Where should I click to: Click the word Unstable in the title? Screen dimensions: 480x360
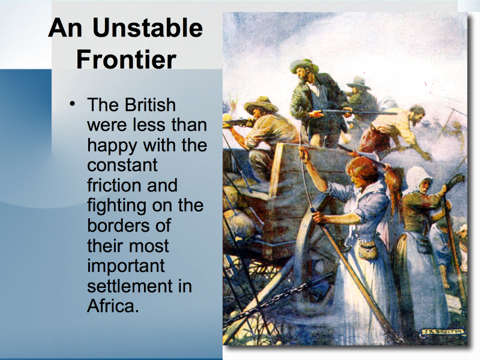tap(148, 28)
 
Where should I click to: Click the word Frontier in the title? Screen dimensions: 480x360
tap(126, 59)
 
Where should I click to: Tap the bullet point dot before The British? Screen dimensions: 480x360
tap(72, 104)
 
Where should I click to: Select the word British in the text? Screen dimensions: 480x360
tap(150, 105)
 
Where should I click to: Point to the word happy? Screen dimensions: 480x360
tap(112, 146)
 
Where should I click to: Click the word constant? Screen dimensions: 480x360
tap(122, 166)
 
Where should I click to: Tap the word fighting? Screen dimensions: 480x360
tap(116, 206)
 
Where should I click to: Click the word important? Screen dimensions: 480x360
tap(126, 266)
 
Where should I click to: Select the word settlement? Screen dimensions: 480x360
tap(130, 286)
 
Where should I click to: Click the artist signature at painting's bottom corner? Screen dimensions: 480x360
tap(442, 332)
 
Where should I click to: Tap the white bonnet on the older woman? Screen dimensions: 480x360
tap(418, 179)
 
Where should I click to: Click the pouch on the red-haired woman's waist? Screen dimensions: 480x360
tap(368, 249)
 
